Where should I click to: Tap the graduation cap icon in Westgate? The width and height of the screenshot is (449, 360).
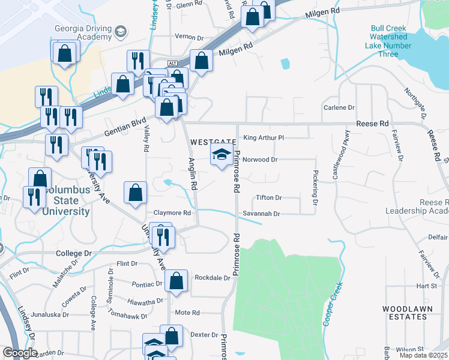click(221, 156)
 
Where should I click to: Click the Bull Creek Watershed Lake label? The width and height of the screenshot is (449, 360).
click(388, 41)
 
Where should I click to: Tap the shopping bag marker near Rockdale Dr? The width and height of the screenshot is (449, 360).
click(176, 281)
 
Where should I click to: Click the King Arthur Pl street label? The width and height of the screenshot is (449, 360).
click(263, 137)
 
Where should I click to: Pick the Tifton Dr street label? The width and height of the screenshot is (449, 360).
click(268, 197)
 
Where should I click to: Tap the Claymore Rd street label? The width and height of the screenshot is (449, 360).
click(172, 213)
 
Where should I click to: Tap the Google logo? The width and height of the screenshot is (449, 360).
click(20, 352)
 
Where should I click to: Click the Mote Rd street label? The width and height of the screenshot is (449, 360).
click(187, 313)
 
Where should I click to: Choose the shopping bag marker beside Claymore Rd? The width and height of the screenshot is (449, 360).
click(136, 193)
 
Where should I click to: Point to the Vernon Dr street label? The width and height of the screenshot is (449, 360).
click(189, 37)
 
